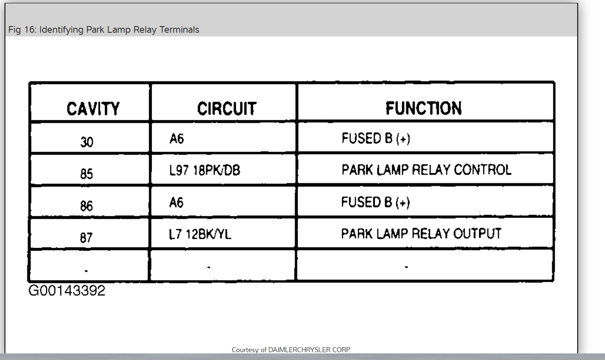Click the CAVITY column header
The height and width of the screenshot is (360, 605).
click(x=93, y=109)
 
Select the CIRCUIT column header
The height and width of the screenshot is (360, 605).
click(x=227, y=109)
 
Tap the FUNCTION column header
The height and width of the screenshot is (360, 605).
click(x=423, y=108)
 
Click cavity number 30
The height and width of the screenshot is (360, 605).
click(x=87, y=142)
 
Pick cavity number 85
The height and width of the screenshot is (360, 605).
click(x=87, y=174)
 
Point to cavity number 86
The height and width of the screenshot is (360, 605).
click(x=87, y=205)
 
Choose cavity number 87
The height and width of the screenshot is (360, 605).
click(x=86, y=237)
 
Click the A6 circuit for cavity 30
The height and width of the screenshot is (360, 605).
click(x=176, y=138)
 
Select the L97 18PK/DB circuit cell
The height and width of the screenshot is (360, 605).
click(x=205, y=170)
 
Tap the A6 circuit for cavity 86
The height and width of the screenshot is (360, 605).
click(x=176, y=203)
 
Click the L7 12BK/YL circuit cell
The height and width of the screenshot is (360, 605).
click(x=200, y=234)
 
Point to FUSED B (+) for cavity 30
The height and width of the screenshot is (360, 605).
click(x=376, y=138)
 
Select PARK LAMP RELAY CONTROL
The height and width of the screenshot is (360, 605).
click(x=426, y=170)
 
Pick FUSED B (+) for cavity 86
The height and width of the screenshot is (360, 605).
click(x=375, y=202)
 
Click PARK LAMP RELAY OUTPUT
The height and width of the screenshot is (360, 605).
click(x=421, y=234)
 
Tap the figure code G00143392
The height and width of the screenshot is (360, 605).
click(x=67, y=290)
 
